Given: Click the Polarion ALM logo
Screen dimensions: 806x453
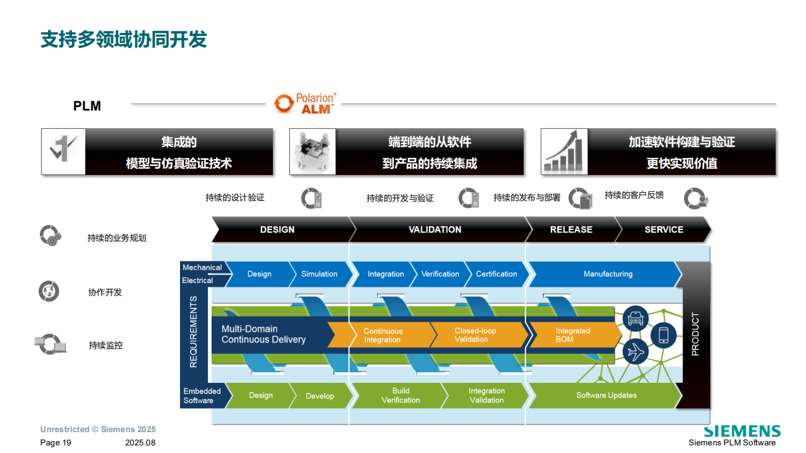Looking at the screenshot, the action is (x=305, y=104).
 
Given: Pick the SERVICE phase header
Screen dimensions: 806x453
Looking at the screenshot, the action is (x=663, y=229).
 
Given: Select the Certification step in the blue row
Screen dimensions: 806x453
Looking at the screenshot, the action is (x=497, y=274).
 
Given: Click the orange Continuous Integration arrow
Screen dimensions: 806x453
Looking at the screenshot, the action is (x=386, y=335).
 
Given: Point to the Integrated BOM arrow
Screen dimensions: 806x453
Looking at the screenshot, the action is (x=575, y=335).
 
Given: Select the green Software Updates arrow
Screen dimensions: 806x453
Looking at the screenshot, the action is (x=606, y=396).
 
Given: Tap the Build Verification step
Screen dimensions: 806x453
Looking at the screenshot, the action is (x=400, y=396).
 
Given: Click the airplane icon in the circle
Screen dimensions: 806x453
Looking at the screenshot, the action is (x=635, y=351).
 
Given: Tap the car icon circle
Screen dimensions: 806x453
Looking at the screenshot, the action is (x=635, y=318).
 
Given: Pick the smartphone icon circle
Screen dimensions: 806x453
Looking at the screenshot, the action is (x=663, y=335).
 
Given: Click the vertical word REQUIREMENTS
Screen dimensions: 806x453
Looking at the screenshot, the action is (x=193, y=332).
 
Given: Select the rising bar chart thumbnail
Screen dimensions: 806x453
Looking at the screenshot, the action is (x=564, y=152).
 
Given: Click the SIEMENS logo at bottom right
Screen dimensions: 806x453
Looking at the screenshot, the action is (x=742, y=431).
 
